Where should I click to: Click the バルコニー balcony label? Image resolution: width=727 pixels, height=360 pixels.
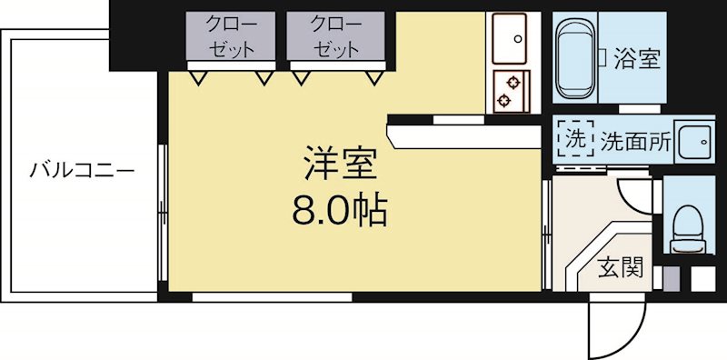pyautogui.click(x=81, y=170)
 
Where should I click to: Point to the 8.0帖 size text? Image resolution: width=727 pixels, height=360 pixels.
pyautogui.click(x=339, y=211)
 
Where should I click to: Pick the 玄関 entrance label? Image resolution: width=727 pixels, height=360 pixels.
pyautogui.click(x=621, y=268)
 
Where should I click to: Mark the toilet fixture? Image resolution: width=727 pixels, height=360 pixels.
pyautogui.click(x=686, y=223)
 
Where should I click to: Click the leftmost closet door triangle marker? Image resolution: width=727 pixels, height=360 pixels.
pyautogui.click(x=197, y=78)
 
